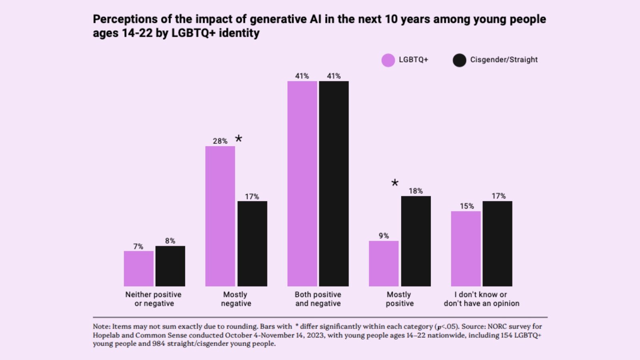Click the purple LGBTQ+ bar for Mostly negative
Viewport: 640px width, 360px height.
click(x=220, y=216)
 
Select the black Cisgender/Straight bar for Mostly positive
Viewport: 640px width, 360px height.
click(x=416, y=241)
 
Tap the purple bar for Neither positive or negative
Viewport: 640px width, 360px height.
click(x=138, y=268)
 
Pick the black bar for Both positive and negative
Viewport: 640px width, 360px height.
click(x=334, y=184)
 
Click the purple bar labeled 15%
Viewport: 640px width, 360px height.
click(x=466, y=248)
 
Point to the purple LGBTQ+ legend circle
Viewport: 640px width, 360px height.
click(x=388, y=60)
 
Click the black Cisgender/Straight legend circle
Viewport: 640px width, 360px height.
click(x=459, y=60)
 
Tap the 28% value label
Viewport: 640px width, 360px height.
click(x=220, y=141)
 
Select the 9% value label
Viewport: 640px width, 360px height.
click(x=384, y=236)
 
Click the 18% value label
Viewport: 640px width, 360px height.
click(x=416, y=191)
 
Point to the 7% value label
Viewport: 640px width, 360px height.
click(x=138, y=246)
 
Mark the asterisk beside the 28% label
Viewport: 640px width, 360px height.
click(x=238, y=139)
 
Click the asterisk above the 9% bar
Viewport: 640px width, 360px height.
click(x=395, y=183)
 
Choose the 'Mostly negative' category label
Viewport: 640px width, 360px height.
click(x=236, y=299)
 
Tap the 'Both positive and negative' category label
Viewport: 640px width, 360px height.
click(x=318, y=299)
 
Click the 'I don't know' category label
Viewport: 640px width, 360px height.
click(x=481, y=299)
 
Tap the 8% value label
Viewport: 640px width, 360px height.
click(x=170, y=241)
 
